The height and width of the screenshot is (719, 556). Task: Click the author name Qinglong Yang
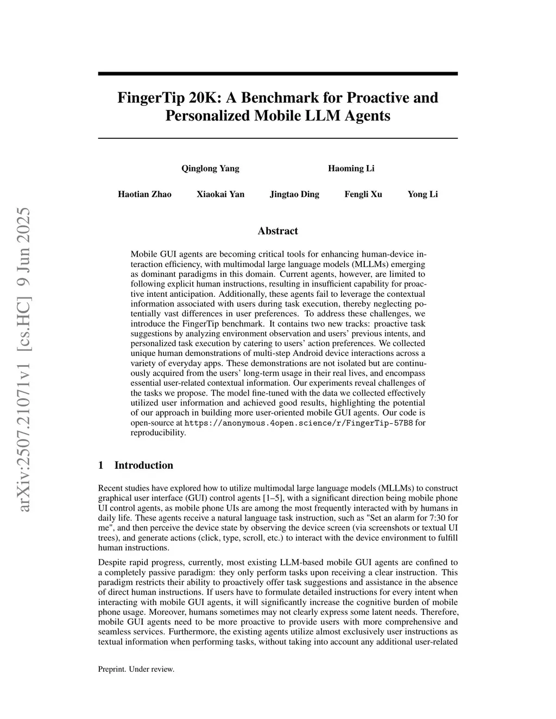point(210,168)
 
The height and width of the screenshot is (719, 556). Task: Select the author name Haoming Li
point(351,168)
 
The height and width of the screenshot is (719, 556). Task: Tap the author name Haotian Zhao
point(144,194)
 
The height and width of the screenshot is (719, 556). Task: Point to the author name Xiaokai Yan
point(220,194)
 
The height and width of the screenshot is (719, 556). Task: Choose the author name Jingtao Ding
point(294,194)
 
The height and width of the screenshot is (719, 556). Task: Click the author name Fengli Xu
point(363,194)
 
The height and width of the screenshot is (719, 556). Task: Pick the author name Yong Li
point(422,194)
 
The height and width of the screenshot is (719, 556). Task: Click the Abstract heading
point(277,231)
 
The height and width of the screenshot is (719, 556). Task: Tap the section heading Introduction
point(143,465)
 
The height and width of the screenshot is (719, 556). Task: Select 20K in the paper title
point(203,98)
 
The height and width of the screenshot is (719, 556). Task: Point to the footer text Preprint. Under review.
point(136,669)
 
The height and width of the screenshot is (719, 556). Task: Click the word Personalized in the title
point(208,116)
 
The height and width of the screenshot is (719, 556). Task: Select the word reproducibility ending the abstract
point(158,432)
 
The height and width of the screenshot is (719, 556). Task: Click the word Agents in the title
point(367,116)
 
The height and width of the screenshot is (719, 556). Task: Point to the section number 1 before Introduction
point(100,465)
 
